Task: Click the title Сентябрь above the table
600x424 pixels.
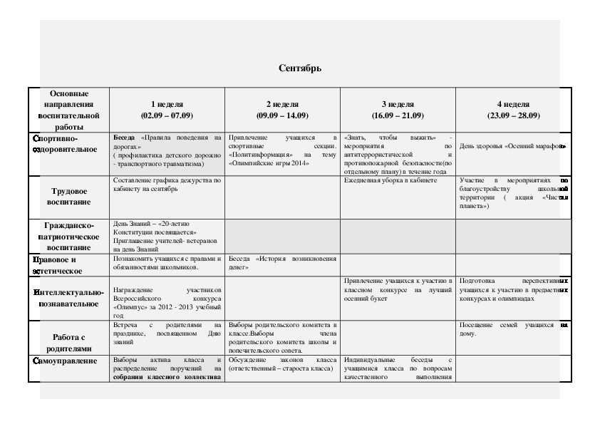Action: (300, 68)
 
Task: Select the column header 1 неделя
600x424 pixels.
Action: (167, 104)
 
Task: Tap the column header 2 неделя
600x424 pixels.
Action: (282, 104)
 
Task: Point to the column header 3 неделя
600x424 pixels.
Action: (398, 104)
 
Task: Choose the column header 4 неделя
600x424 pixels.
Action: (513, 104)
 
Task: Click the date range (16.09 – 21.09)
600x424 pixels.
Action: (398, 115)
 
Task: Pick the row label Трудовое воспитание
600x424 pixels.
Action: (70, 197)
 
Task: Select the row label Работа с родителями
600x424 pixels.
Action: (70, 343)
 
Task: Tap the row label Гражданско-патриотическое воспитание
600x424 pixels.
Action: (70, 237)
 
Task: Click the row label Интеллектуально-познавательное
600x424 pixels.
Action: (68, 298)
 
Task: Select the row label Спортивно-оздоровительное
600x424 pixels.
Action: (65, 143)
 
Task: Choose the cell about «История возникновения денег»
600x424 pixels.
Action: (282, 264)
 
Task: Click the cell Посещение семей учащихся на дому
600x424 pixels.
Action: (512, 329)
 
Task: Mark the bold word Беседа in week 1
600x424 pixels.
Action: (125, 135)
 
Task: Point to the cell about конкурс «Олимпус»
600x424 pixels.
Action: (167, 303)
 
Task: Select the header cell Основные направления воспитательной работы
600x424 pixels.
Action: (70, 109)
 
